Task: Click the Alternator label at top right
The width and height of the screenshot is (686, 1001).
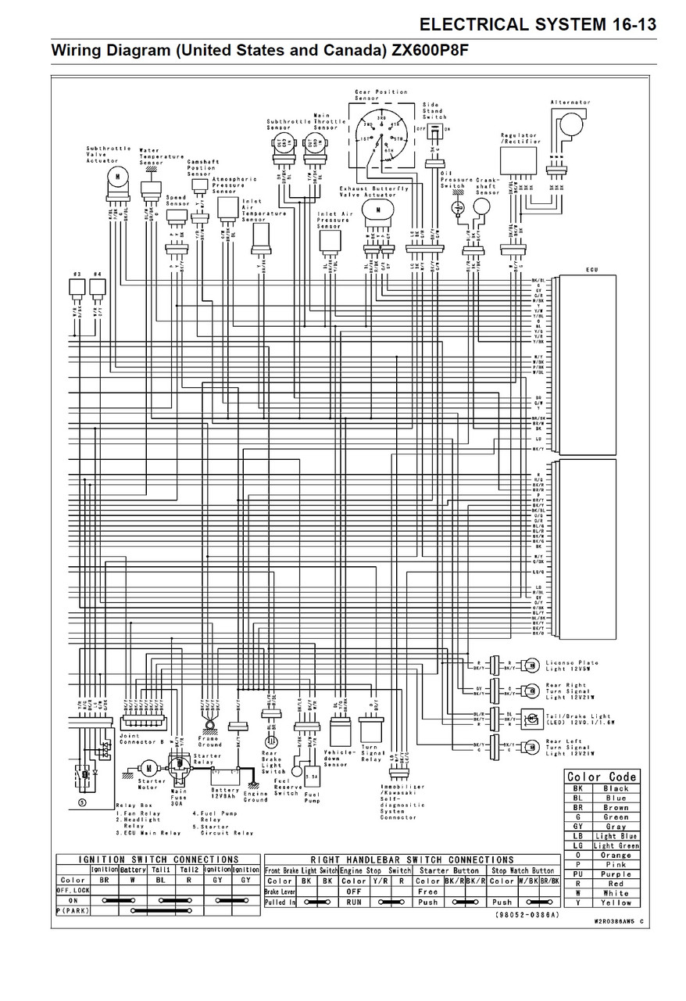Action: pyautogui.click(x=570, y=102)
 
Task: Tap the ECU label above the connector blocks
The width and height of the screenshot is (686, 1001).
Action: pyautogui.click(x=591, y=270)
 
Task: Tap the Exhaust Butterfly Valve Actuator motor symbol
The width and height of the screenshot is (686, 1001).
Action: pyautogui.click(x=379, y=210)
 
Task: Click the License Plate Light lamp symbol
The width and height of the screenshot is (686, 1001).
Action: pyautogui.click(x=531, y=664)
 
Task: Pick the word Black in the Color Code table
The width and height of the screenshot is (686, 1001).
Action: pyautogui.click(x=616, y=788)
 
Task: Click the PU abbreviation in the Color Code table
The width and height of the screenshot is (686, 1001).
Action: pyautogui.click(x=577, y=874)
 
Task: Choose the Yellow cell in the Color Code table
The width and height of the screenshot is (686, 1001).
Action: pyautogui.click(x=616, y=902)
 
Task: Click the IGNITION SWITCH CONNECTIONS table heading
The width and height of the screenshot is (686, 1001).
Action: pyautogui.click(x=159, y=859)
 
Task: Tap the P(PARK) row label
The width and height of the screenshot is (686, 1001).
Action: pyautogui.click(x=71, y=910)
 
